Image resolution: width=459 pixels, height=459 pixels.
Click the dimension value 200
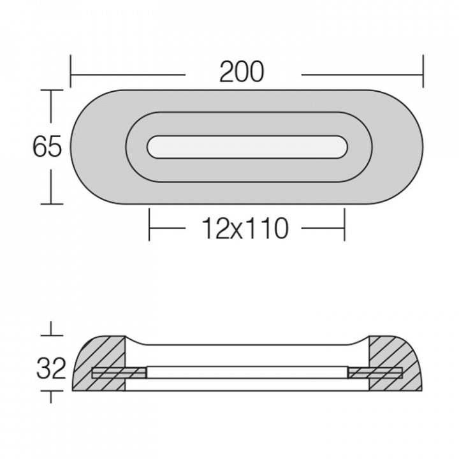coord(242,73)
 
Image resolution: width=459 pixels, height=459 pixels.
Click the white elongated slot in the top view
coord(247,146)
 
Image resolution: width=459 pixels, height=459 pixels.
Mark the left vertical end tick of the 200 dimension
coord(71,71)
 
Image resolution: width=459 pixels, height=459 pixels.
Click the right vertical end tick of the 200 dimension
coord(423,71)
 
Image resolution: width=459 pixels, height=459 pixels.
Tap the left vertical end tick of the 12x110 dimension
coord(149,225)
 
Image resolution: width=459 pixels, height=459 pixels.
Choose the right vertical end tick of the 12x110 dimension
coord(344,225)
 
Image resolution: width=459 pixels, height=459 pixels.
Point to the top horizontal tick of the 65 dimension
coord(52,91)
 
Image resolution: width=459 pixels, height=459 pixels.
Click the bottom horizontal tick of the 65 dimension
coord(52,204)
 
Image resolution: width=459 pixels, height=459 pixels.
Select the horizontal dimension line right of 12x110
coord(322,228)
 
